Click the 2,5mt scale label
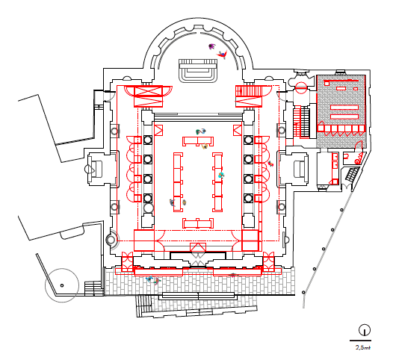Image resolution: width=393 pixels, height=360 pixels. [x=362, y=347]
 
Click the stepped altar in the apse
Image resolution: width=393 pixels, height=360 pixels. [x=198, y=71]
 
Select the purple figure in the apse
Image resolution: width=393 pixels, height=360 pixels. [x=212, y=46]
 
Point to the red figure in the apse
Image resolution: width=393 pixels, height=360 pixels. [x=223, y=55]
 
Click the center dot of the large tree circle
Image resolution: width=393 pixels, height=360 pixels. [x=62, y=285]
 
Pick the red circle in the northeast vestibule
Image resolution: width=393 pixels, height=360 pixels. [x=301, y=87]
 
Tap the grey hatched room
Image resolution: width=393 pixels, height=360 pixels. [x=341, y=111]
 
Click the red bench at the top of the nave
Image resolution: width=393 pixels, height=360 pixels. [x=198, y=141]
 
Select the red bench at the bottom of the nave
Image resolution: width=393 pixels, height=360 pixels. [x=198, y=223]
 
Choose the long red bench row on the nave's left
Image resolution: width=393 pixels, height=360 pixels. [x=178, y=182]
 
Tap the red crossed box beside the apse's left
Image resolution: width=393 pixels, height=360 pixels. [x=149, y=96]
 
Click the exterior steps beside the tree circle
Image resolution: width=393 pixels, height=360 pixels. [x=93, y=288]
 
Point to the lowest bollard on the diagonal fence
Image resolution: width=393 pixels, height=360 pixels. [x=303, y=292]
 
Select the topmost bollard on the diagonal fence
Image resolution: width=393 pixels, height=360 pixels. [x=341, y=210]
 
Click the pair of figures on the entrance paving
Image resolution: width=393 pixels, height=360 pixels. [x=153, y=280]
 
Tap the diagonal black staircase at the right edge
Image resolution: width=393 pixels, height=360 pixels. [x=352, y=173]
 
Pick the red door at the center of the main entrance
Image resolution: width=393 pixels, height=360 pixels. [x=198, y=247]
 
